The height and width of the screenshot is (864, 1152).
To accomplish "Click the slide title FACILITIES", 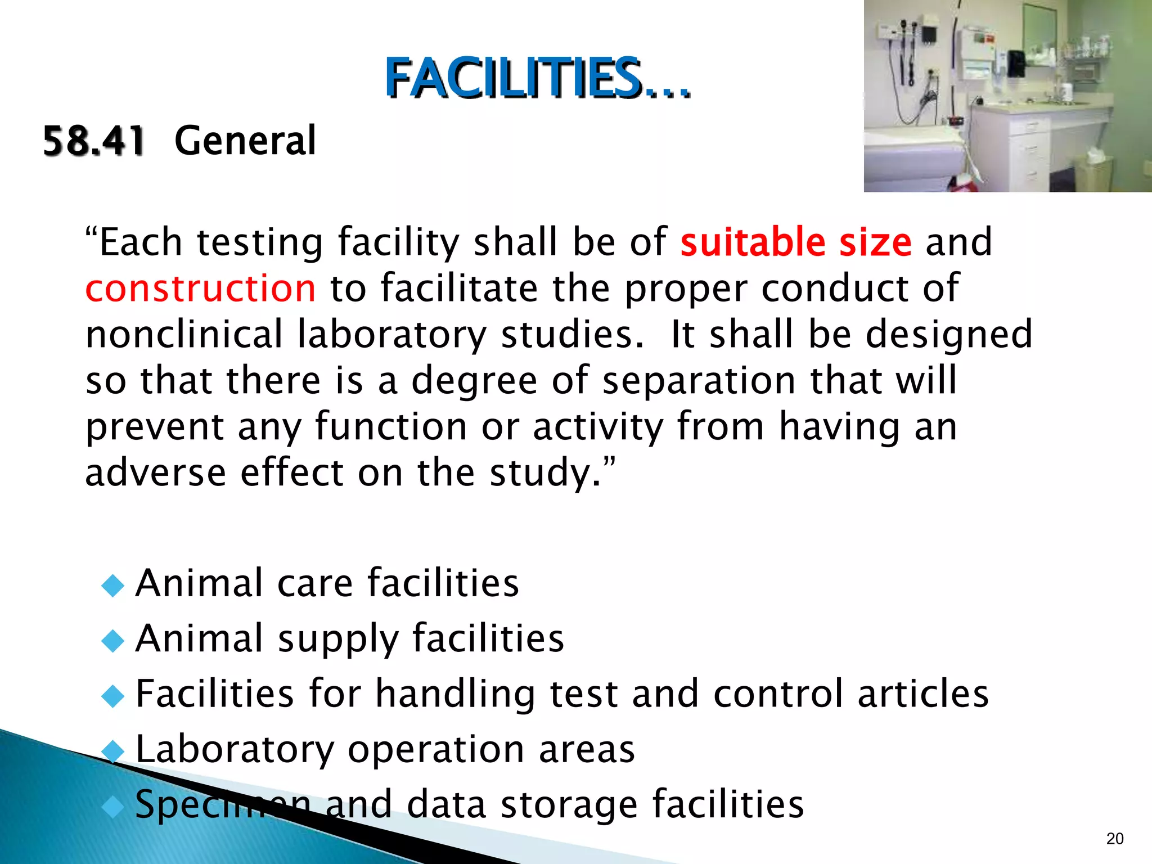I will click(537, 79).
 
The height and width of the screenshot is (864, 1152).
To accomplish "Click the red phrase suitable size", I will click(795, 242).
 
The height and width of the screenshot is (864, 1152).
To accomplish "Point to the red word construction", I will click(200, 289).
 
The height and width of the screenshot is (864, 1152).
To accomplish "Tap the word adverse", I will click(155, 472).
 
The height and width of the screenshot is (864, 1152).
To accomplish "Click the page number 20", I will click(1114, 839).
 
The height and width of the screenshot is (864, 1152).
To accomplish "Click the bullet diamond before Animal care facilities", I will click(113, 586).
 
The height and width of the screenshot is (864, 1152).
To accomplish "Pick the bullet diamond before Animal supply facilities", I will click(113, 641).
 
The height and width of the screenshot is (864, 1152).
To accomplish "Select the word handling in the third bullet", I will click(454, 694).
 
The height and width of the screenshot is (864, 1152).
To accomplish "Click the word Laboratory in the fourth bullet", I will click(235, 750).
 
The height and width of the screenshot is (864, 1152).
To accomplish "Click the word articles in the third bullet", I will click(922, 694).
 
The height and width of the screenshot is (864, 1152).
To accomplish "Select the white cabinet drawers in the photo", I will click(1029, 152).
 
